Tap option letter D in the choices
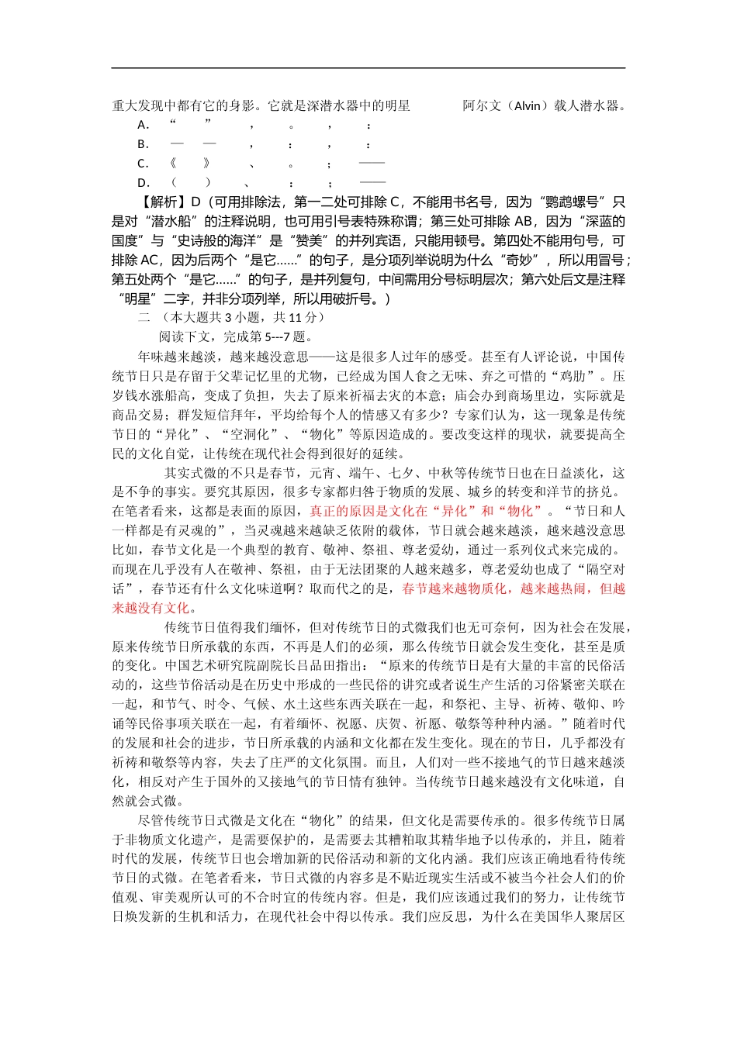[x=143, y=183]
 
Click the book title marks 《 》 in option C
[x=190, y=164]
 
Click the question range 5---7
[x=272, y=336]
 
